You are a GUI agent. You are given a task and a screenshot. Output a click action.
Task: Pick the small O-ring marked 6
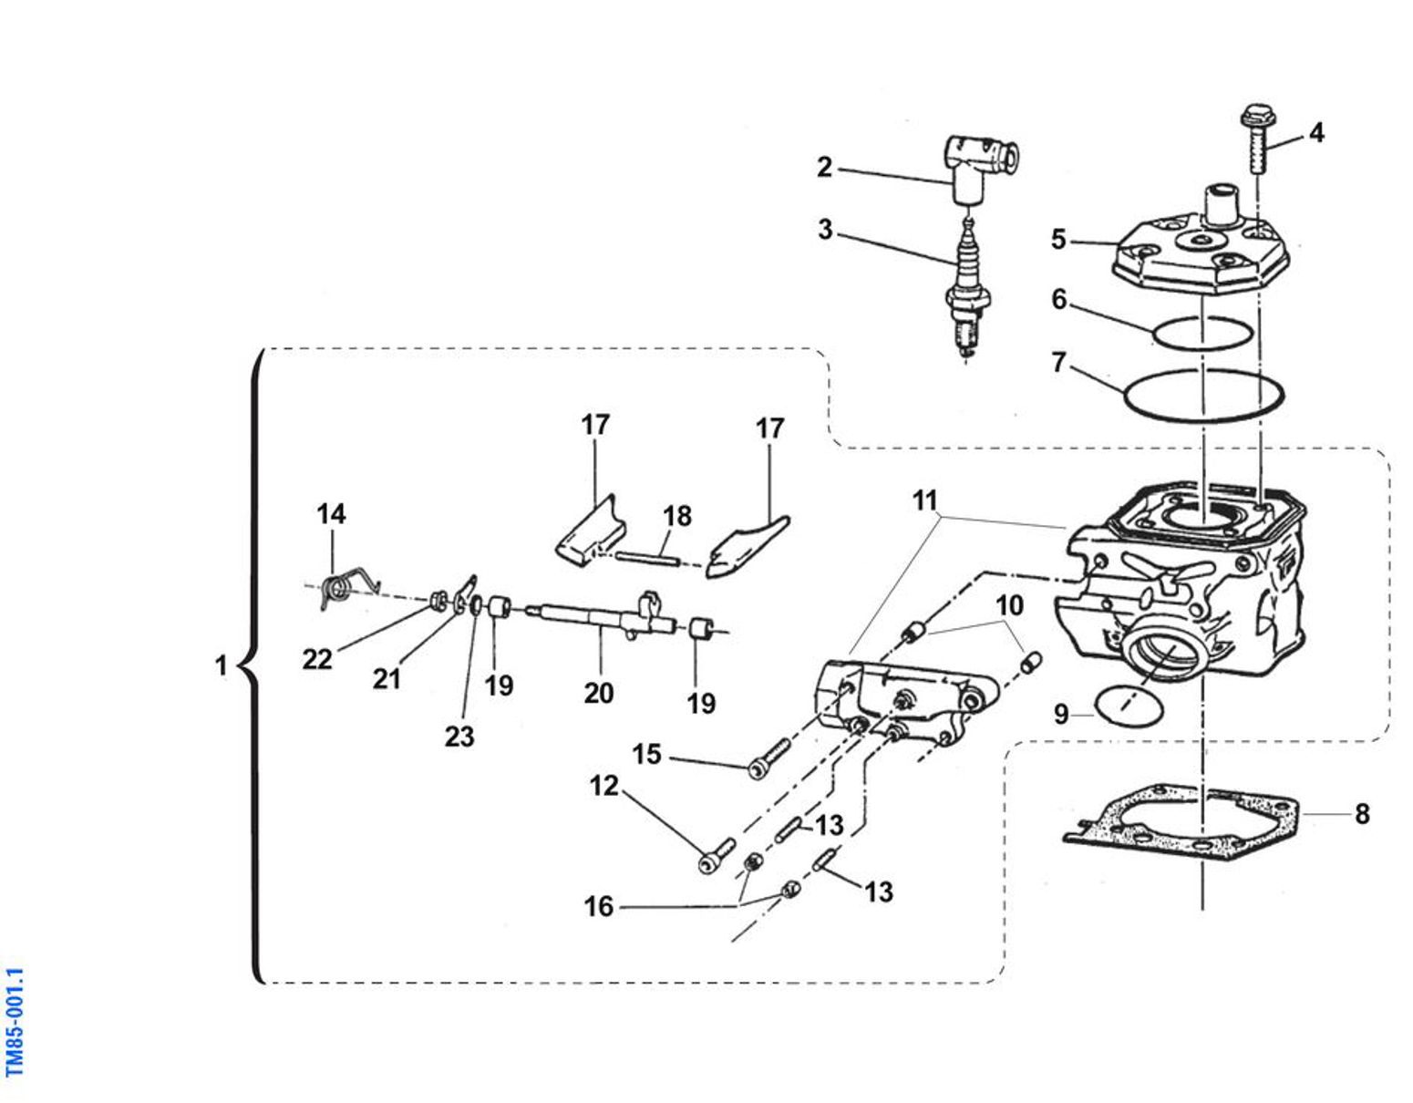click(1202, 333)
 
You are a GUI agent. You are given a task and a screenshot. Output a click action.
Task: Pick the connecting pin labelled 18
click(645, 557)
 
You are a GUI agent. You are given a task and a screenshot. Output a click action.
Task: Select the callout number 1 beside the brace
click(221, 665)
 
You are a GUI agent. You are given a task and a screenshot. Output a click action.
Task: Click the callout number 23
click(459, 736)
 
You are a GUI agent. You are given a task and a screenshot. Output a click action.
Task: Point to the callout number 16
click(598, 906)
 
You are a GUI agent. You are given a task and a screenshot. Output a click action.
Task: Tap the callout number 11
click(924, 500)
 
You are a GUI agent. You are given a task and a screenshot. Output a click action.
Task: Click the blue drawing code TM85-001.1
click(15, 1022)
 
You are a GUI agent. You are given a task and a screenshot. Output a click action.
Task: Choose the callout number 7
click(1057, 363)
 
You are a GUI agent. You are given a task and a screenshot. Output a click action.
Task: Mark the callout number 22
click(317, 659)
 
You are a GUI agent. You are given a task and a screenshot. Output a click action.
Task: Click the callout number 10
click(1009, 605)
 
